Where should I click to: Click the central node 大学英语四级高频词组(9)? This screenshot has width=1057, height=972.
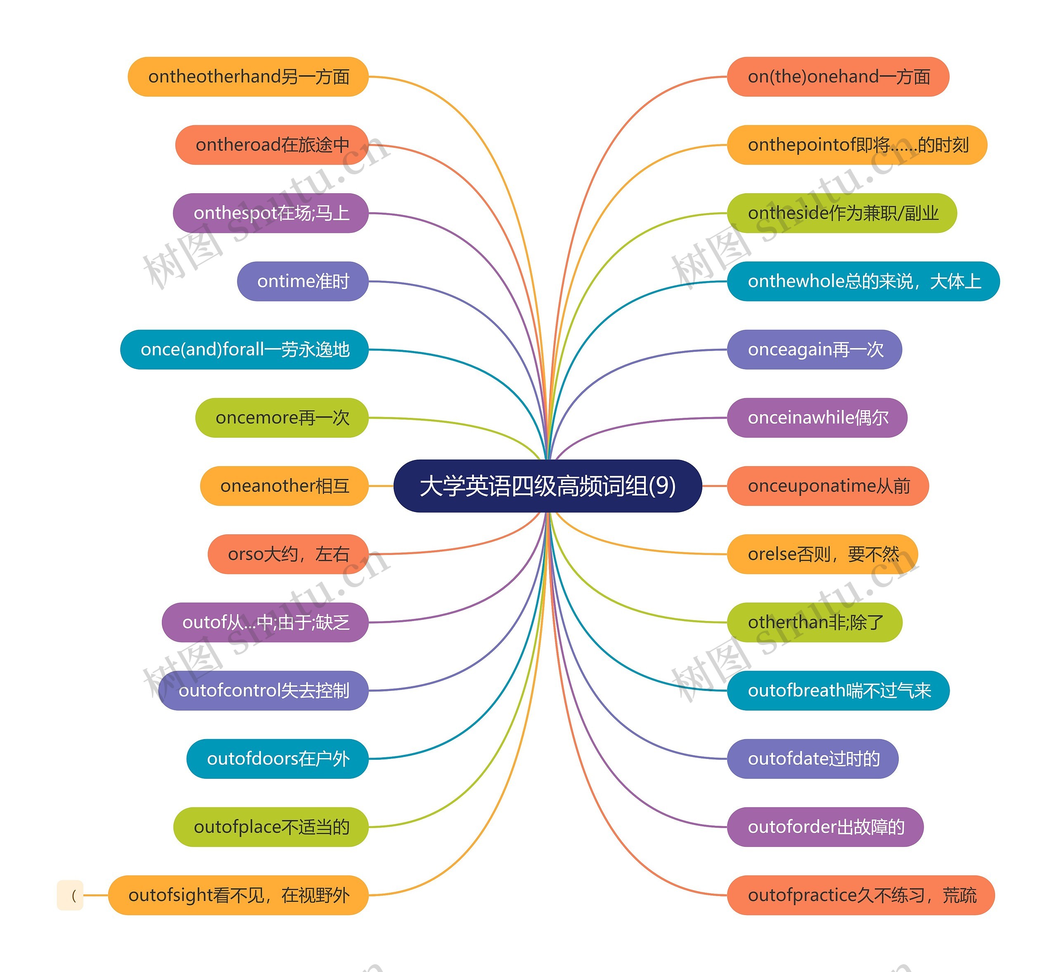coord(547,486)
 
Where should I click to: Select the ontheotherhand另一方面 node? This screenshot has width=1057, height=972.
coord(248,77)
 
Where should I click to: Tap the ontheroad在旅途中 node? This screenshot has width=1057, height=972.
coord(272,145)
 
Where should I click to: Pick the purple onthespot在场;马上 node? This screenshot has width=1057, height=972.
coord(271,213)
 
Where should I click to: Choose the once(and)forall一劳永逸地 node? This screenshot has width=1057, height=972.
coord(244,349)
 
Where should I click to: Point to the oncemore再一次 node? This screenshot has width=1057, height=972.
coord(282,417)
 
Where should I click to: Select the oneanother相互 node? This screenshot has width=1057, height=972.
coord(284,486)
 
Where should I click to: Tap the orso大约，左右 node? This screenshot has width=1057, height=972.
coord(288,554)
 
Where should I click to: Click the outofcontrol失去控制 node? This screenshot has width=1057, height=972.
coord(263,690)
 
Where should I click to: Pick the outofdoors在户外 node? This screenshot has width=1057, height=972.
coord(277,759)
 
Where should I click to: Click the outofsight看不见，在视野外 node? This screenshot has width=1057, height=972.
coord(238,895)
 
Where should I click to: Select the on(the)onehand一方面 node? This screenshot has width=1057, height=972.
coord(838,77)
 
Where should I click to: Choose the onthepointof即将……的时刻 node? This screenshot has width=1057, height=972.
coord(857,145)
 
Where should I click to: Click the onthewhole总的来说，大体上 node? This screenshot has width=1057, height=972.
coord(863,281)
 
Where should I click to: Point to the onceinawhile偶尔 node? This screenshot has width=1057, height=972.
coord(817,417)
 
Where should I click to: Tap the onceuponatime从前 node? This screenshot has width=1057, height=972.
coord(828,486)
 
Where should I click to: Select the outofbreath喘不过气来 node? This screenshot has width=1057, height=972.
coord(838,690)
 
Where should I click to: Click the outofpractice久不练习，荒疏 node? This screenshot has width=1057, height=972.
coord(861,895)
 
